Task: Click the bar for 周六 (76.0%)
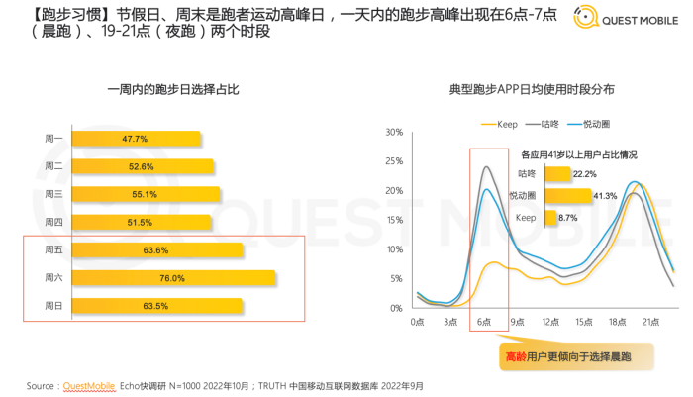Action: point(172,279)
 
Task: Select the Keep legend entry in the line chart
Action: point(500,124)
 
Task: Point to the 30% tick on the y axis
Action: point(394,132)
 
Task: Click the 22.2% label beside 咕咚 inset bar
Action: point(583,174)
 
